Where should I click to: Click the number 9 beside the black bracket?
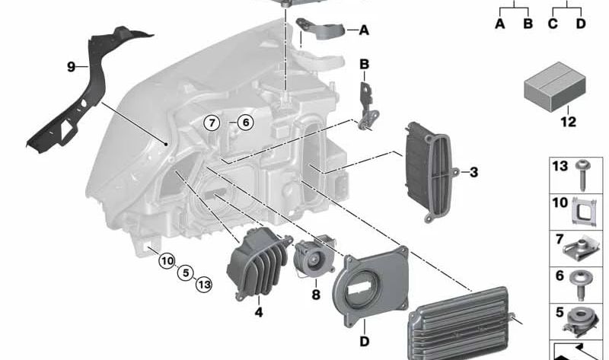pos(71,67)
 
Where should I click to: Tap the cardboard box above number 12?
pos(555,87)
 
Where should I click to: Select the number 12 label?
pos(568,122)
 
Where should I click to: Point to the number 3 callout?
pos(473,172)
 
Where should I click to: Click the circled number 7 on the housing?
pos(212,123)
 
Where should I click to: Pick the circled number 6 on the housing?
pos(245,123)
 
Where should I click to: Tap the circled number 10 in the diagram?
pos(167,260)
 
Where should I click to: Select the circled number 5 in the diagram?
pos(186,273)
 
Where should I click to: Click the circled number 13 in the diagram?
pos(204,285)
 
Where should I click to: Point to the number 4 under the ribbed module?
pos(259,312)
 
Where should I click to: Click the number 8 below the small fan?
pos(316,295)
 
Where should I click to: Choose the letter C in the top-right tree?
pos(553,24)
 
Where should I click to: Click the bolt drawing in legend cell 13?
pos(583,176)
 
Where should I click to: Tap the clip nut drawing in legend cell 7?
pos(580,250)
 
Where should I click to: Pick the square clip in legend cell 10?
pos(584,212)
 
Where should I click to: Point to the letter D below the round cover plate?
pos(365,342)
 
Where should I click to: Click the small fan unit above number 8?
pos(314,257)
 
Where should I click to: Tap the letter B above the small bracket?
pos(364,64)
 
